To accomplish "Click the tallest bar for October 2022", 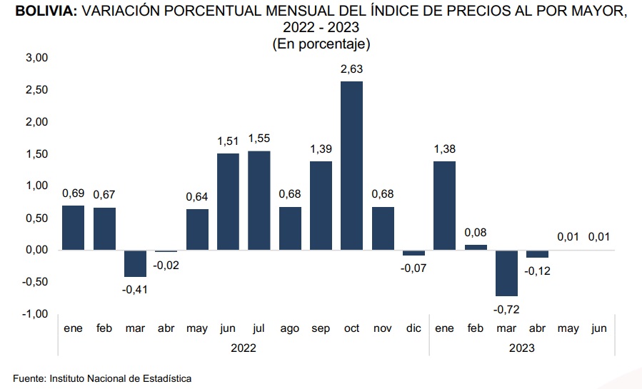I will tap(351, 166).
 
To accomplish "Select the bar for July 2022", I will tap(259, 200).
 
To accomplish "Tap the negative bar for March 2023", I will tap(506, 273).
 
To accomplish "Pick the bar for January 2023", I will tap(444, 206).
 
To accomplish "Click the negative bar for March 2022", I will tap(135, 263).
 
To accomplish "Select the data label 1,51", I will tap(228, 141).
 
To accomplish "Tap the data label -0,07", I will tap(413, 268).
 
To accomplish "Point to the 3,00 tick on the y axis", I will tap(36, 58).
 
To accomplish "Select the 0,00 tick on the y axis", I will tap(36, 250).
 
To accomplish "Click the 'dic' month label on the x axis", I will tap(413, 329).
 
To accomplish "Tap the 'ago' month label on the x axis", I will tap(290, 329).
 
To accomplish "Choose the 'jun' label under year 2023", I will tap(599, 329).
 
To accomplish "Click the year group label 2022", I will tap(244, 348).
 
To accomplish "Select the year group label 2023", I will tap(521, 348).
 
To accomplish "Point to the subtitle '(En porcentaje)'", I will tap(321, 44).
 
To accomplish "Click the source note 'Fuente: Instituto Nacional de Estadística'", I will tap(102, 378).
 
